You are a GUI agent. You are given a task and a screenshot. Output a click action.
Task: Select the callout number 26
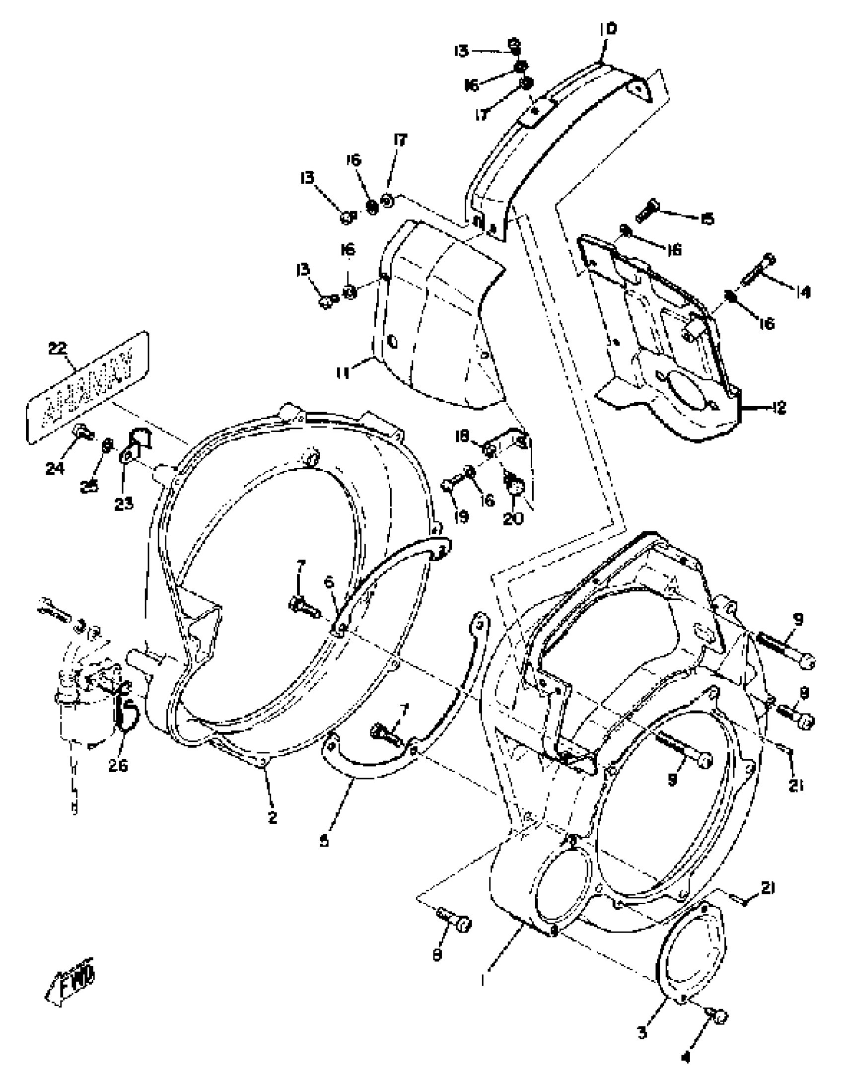pyautogui.click(x=118, y=766)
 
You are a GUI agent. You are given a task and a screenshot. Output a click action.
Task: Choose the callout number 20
pyautogui.click(x=513, y=518)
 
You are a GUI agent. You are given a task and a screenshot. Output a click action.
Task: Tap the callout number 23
pyautogui.click(x=124, y=504)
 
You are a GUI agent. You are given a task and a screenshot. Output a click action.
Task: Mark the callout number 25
pyautogui.click(x=89, y=487)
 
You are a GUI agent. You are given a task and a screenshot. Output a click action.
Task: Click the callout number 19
pyautogui.click(x=462, y=517)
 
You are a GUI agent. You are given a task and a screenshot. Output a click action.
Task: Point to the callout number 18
pyautogui.click(x=463, y=436)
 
